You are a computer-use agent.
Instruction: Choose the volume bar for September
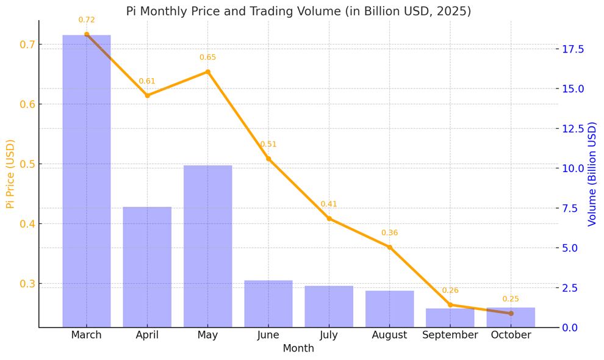[450, 318]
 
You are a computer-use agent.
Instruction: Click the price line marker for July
[329, 218]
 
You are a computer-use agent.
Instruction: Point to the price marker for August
[389, 247]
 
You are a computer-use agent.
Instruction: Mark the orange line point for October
[511, 314]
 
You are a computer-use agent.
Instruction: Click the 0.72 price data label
[87, 20]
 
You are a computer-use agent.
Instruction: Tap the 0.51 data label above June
[268, 145]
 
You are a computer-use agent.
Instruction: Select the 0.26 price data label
[450, 291]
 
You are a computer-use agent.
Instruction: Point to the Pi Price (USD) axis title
[10, 174]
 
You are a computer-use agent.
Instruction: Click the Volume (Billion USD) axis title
[592, 174]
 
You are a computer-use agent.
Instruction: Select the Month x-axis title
[298, 348]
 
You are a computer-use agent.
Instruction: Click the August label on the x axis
[389, 335]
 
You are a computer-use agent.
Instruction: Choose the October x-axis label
[511, 335]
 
